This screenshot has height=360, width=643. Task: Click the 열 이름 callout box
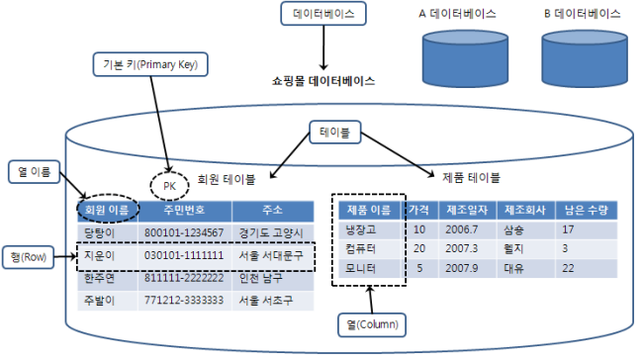(x=33, y=173)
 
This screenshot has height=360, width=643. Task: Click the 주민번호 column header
(x=183, y=211)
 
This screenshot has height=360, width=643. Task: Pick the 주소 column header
(x=273, y=211)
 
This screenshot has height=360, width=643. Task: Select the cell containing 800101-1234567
(x=183, y=231)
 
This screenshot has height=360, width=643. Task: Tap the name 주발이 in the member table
(x=101, y=299)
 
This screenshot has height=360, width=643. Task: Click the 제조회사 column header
(x=525, y=209)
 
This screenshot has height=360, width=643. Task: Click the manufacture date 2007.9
(x=463, y=266)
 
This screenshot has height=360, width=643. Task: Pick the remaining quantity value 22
(x=569, y=266)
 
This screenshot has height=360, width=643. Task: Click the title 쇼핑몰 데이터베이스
(x=322, y=81)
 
